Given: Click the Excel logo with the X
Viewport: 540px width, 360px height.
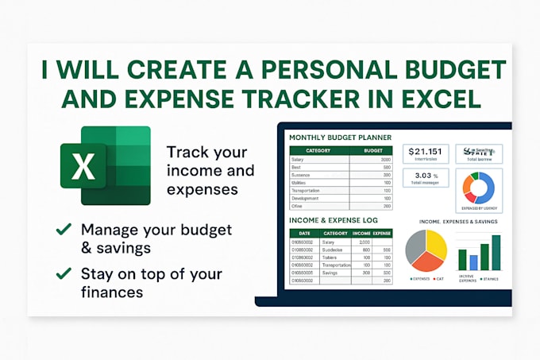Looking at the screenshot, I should tap(105, 165).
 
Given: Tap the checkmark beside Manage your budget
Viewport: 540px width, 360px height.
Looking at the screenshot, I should tap(64, 230).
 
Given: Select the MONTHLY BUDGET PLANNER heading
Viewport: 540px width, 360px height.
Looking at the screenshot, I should tap(340, 137).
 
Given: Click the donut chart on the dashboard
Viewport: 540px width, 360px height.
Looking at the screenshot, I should tap(479, 189).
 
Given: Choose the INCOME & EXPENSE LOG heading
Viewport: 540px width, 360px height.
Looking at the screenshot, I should tap(333, 220).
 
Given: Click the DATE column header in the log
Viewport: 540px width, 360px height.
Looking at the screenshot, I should tap(304, 234).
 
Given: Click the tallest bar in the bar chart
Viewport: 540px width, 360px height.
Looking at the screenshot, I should tap(496, 252).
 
